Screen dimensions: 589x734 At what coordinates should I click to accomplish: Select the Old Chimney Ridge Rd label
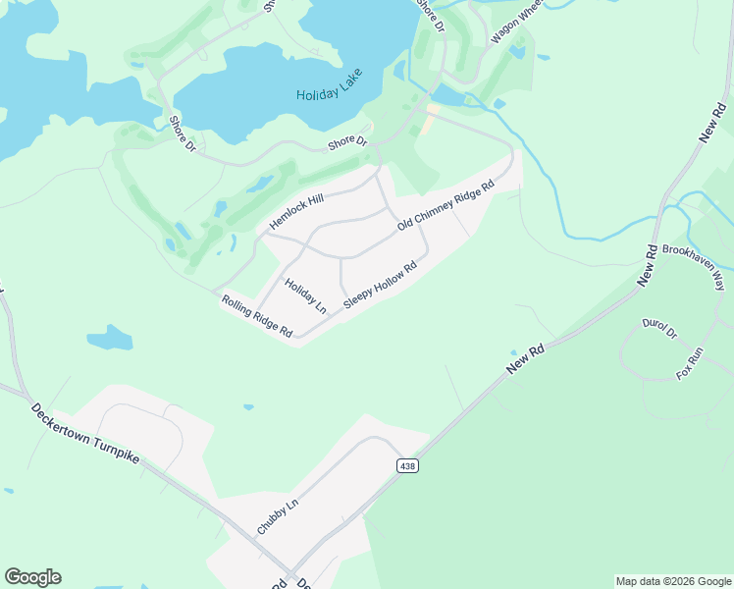(445, 206)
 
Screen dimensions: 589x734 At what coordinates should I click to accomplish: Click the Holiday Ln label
(305, 295)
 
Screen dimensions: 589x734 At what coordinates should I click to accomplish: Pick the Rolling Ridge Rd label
(257, 316)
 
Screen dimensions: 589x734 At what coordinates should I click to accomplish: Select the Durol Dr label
(659, 329)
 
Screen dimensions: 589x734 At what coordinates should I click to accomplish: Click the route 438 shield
(408, 465)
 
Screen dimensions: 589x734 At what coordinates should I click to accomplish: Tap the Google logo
(32, 577)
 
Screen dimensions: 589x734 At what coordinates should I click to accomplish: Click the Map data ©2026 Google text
(673, 581)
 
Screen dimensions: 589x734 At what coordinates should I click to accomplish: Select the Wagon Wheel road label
(516, 21)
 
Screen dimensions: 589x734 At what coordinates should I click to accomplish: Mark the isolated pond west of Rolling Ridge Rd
(109, 340)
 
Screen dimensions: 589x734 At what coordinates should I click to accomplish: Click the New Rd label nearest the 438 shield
(525, 358)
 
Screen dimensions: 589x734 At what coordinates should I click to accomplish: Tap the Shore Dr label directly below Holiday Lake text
(347, 144)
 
